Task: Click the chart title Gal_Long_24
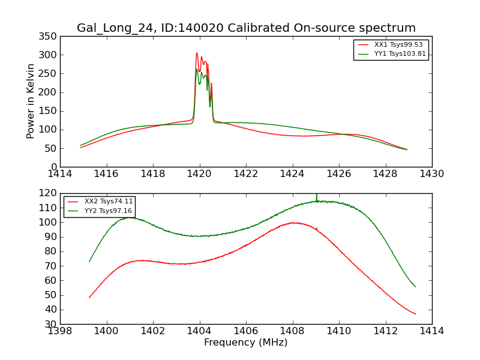coord(246,28)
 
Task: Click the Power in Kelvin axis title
coord(31,101)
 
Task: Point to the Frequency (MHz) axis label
coord(246,343)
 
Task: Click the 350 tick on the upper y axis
coord(50,37)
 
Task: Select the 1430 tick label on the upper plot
coord(431,174)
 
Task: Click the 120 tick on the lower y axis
coord(50,193)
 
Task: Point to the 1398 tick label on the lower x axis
coord(60,331)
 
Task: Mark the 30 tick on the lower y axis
coord(52,324)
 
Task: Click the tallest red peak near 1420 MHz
coord(196,53)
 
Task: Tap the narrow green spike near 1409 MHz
coord(316,196)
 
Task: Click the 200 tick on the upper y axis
coord(50,92)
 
